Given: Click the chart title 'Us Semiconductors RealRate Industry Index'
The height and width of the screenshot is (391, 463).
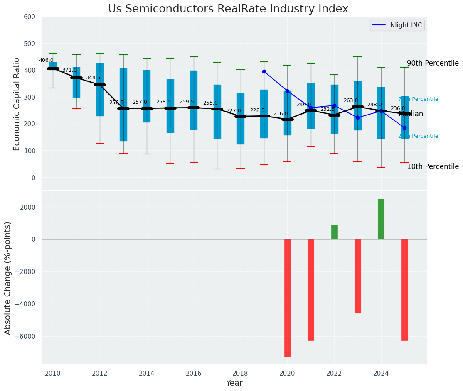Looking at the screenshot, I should coord(228,9).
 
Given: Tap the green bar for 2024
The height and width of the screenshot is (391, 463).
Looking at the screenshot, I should coord(381,219).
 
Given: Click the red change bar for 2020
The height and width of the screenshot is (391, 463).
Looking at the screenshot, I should coord(287,298).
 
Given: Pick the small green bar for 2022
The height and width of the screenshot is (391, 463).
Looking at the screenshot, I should coord(334,232).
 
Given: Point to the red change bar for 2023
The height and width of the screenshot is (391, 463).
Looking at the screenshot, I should coord(357,276).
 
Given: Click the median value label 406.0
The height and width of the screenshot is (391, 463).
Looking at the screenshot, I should coord(46,60).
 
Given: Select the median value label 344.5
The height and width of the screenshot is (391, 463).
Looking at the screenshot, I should coord(93,78).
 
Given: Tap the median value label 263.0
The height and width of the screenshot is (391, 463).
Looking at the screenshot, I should coord(351,100).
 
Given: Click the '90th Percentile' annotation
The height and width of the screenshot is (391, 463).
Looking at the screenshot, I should coord(433,64).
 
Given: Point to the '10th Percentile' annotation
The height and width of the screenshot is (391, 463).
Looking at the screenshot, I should coord(433,166).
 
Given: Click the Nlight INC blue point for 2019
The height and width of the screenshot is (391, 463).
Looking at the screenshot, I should coord(264,71).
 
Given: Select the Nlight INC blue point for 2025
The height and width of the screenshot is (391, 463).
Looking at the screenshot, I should coord(404,128).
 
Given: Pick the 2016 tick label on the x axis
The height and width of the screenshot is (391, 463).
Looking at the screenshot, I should coord(194,374).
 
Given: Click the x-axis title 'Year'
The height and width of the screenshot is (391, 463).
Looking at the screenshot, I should coord(234,383).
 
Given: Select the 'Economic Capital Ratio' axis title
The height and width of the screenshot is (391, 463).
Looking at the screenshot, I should coord(17,104).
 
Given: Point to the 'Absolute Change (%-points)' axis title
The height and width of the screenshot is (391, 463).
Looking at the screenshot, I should coord(8,278).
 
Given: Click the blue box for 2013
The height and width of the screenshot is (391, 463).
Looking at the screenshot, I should coord(123,105).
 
